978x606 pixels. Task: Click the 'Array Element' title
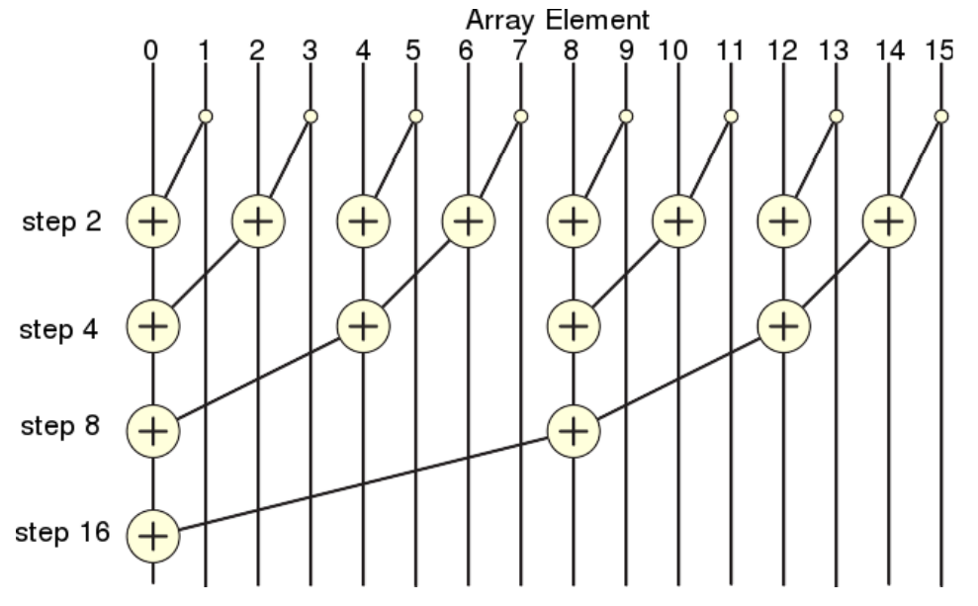[x=558, y=21]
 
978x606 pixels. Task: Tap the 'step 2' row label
[x=61, y=222]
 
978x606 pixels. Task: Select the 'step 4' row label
[x=58, y=329]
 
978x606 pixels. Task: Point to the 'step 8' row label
[x=60, y=426]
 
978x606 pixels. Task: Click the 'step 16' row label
[x=62, y=533]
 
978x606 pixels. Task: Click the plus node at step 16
[x=153, y=536]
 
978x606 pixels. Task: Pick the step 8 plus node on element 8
[x=574, y=431]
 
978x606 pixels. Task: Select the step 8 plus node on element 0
[x=153, y=431]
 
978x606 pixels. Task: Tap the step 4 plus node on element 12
[x=784, y=326]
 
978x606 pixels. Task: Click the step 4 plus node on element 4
[x=364, y=326]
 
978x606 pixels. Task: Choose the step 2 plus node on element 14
[x=889, y=221]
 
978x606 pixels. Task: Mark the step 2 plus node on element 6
[x=469, y=221]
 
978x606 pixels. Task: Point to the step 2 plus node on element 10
[x=678, y=221]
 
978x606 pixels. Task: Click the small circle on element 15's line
[x=941, y=116]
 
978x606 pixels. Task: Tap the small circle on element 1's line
[x=206, y=116]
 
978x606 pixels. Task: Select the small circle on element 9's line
[x=626, y=116]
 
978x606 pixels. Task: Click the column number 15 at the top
[x=939, y=50]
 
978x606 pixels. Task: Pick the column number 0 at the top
[x=151, y=50]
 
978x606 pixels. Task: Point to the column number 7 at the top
[x=519, y=50]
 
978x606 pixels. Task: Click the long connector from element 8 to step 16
[x=364, y=483]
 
